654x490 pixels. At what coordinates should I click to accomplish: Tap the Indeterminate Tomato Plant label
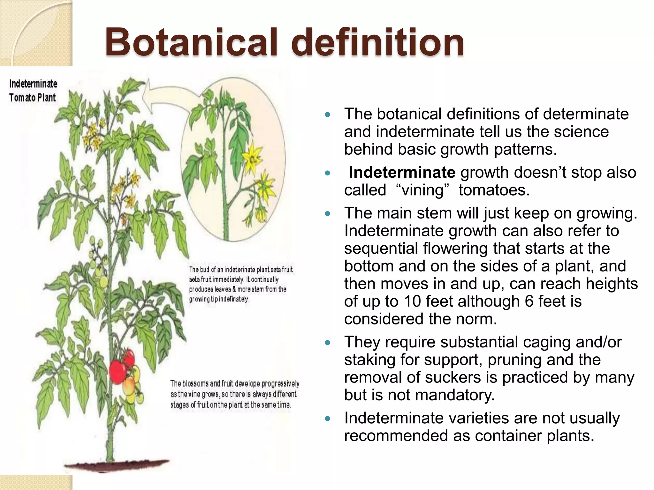(33, 91)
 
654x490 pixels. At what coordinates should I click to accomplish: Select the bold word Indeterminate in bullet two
(402, 173)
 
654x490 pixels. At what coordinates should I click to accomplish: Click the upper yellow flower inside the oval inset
(252, 158)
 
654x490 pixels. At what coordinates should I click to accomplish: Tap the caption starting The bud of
(241, 284)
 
